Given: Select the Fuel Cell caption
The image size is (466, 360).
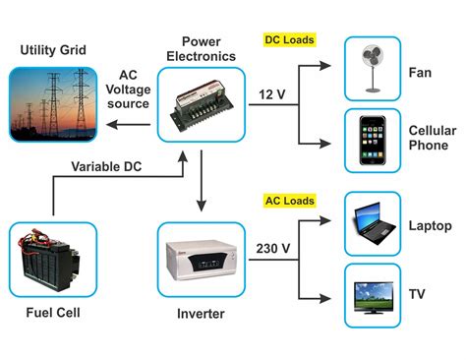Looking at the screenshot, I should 53,314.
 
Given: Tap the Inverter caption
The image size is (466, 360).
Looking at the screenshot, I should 200,314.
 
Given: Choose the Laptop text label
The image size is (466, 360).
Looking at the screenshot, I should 430,226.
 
